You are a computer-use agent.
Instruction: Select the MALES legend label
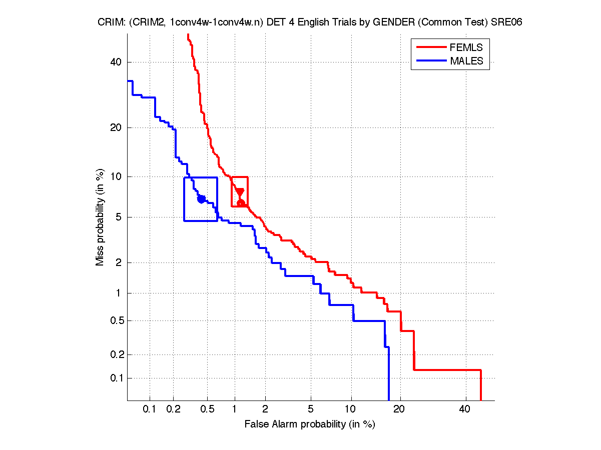click(467, 61)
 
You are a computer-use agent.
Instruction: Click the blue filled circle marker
click(201, 199)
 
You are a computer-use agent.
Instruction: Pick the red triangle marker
click(240, 192)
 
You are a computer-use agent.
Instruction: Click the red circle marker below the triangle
click(241, 202)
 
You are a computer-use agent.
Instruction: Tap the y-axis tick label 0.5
click(116, 320)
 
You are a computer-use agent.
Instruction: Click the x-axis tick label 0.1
click(150, 409)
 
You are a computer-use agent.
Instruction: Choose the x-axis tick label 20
click(398, 409)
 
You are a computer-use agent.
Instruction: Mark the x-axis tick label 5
click(311, 409)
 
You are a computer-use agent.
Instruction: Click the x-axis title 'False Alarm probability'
click(309, 424)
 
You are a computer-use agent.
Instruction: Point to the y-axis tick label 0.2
click(116, 354)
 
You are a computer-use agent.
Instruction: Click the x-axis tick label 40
click(464, 409)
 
